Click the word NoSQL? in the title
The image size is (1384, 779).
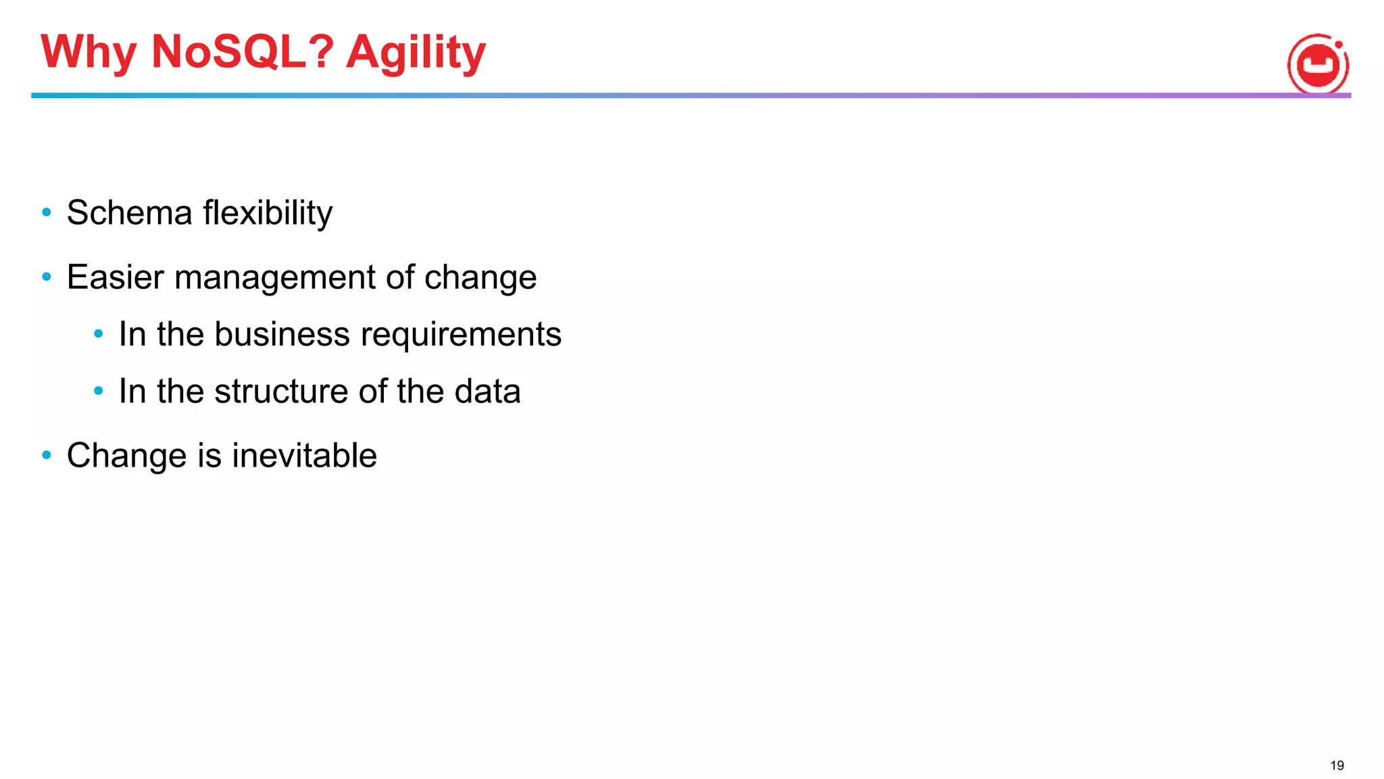pos(243,51)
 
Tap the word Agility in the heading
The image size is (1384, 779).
pos(416,53)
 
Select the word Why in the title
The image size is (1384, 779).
pos(89,53)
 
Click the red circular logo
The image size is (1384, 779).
pos(1318,64)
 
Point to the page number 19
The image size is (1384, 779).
pos(1337,765)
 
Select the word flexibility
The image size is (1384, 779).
pos(268,213)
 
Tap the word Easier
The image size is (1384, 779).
pos(116,277)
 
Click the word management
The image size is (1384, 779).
pos(275,277)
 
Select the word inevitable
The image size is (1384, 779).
pos(304,455)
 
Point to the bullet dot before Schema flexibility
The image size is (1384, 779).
pos(47,213)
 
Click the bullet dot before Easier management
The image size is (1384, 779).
pos(47,277)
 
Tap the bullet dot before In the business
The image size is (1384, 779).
pos(99,333)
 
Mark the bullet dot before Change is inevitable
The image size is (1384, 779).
pos(47,455)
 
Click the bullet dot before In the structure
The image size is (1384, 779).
pos(99,391)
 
